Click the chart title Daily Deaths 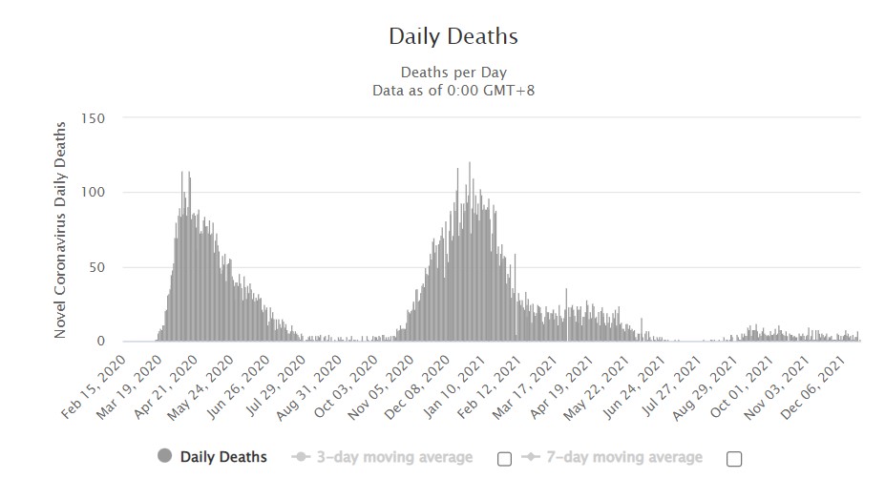(x=453, y=37)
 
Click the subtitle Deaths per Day (x=453, y=73)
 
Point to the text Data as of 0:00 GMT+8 (x=453, y=90)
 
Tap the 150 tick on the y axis (x=93, y=118)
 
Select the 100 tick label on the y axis (x=93, y=193)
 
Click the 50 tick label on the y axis (x=96, y=267)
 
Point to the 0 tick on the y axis (x=100, y=341)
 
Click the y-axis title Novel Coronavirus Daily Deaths (x=60, y=229)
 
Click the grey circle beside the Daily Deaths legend (x=164, y=457)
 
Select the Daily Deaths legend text (x=224, y=457)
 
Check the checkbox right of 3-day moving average (x=504, y=458)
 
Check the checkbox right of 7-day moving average (x=734, y=458)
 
